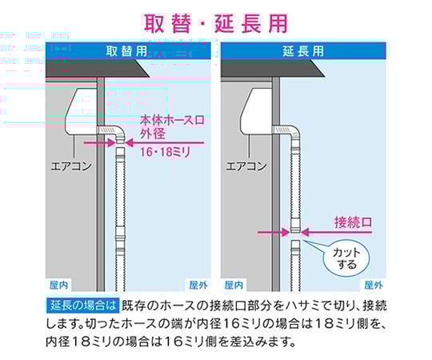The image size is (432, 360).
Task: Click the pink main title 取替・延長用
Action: click(216, 23)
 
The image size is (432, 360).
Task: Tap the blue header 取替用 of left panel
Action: click(126, 51)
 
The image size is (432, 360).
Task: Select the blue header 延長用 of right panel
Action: click(303, 51)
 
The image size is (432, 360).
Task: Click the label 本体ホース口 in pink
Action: click(172, 120)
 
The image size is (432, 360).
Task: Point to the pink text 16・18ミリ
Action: click(166, 152)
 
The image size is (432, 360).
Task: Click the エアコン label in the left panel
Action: click(71, 166)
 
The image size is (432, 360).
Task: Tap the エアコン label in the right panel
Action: click(246, 166)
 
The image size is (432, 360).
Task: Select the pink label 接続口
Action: click(353, 222)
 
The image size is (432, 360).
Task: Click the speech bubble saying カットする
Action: click(346, 258)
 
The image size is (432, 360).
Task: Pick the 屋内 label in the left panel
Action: click(58, 285)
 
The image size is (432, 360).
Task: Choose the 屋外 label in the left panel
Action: click(198, 285)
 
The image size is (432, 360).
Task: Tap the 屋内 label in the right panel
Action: click(234, 285)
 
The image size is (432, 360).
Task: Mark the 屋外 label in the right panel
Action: click(374, 285)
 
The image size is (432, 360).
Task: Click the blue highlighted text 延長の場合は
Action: click(83, 306)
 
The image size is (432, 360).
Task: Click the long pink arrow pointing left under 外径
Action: click(165, 143)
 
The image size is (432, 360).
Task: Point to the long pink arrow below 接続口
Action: click(336, 233)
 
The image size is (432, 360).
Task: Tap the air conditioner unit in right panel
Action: click(256, 110)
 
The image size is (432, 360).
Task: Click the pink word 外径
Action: click(153, 134)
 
